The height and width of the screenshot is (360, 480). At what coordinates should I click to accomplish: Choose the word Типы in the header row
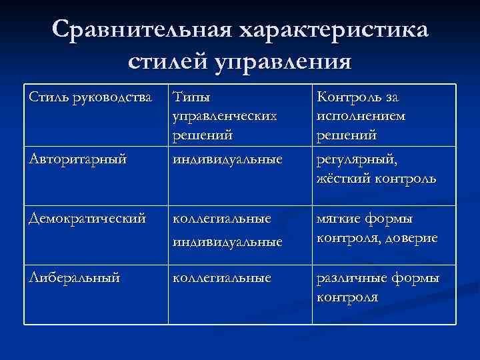pyautogui.click(x=189, y=98)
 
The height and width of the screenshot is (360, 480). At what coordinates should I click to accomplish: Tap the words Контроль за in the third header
pyautogui.click(x=358, y=98)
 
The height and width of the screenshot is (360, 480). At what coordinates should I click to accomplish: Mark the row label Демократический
pyautogui.click(x=87, y=219)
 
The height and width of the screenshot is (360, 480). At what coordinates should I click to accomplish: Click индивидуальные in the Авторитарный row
pyautogui.click(x=227, y=160)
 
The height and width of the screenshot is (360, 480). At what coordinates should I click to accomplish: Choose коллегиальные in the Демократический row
pyautogui.click(x=222, y=219)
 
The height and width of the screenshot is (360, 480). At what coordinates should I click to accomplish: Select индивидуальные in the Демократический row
pyautogui.click(x=227, y=241)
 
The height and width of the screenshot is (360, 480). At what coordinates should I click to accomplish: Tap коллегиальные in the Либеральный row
pyautogui.click(x=222, y=277)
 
